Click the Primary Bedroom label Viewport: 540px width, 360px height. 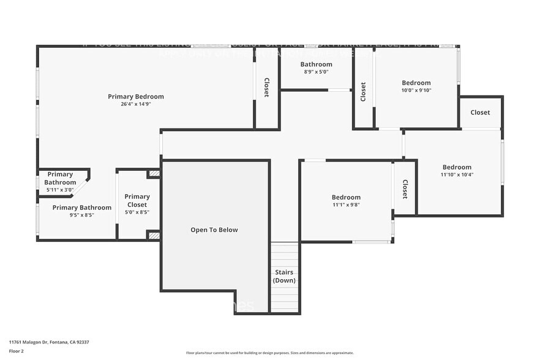[136, 96]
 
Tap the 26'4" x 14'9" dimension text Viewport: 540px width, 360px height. [136, 104]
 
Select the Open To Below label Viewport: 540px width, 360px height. [214, 230]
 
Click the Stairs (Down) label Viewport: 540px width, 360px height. [284, 276]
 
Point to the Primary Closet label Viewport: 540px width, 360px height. [137, 201]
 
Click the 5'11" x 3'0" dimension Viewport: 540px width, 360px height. [60, 190]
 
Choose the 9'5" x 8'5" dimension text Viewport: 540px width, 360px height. [82, 216]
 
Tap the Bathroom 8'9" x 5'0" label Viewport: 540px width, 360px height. [316, 64]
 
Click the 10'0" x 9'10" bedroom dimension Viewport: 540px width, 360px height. [416, 91]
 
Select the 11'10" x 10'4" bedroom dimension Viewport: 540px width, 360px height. [457, 175]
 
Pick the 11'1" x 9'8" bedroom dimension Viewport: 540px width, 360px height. [346, 205]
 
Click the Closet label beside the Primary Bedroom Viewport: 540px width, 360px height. [267, 88]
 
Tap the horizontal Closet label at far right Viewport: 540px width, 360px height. [480, 112]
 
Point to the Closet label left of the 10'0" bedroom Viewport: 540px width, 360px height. [363, 92]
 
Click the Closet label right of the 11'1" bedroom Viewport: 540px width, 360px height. [405, 189]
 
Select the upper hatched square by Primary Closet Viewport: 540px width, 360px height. [154, 174]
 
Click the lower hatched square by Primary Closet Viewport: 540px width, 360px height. [154, 235]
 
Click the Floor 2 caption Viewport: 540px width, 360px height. [17, 351]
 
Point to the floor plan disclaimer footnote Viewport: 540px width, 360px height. [270, 353]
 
